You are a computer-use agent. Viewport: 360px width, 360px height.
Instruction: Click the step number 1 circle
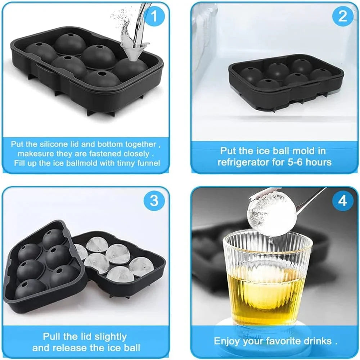click(154, 16)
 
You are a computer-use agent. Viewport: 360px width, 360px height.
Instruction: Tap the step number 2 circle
click(342, 16)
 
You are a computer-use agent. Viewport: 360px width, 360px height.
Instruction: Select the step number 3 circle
click(154, 201)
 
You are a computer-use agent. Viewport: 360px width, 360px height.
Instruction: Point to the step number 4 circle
click(342, 201)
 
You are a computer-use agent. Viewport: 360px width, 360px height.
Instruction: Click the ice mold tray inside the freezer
click(286, 83)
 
